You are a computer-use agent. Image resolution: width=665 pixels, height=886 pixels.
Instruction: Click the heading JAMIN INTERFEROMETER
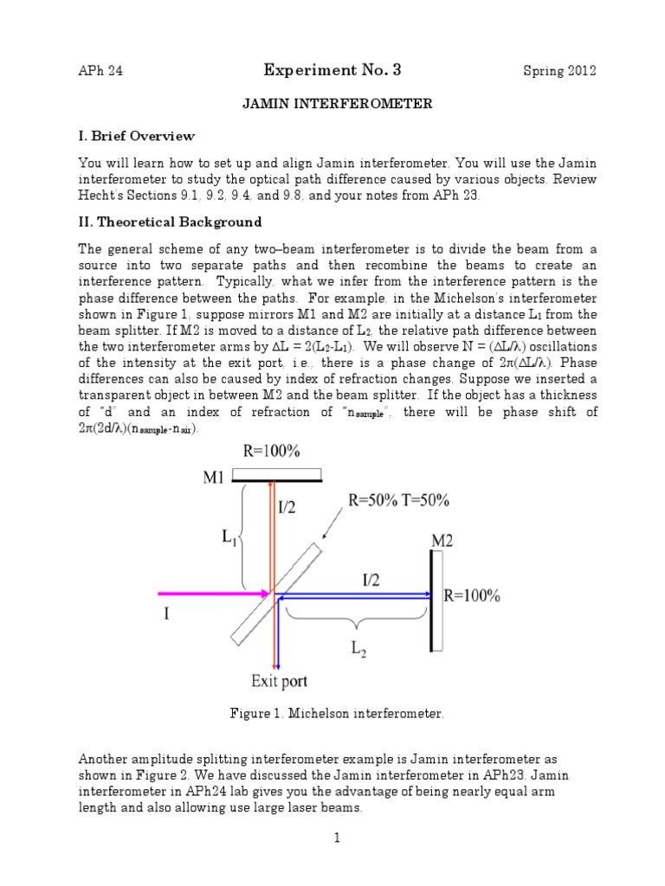(335, 104)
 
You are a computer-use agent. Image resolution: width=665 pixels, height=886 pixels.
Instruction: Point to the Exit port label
(279, 681)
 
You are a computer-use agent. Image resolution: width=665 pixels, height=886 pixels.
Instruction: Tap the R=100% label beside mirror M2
(471, 595)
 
